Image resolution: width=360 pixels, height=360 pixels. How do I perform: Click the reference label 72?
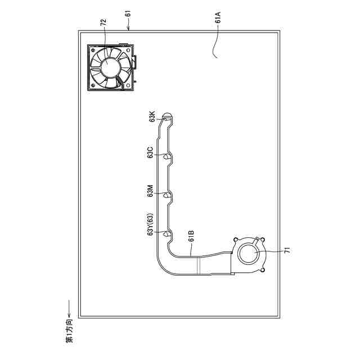click(103, 22)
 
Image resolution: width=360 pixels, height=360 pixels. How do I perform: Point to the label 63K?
click(152, 116)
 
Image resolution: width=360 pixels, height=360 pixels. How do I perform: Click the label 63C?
click(150, 152)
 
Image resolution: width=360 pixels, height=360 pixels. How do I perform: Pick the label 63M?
click(150, 191)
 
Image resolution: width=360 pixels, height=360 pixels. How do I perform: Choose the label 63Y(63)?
click(150, 224)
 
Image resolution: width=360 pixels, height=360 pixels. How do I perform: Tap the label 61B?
click(191, 236)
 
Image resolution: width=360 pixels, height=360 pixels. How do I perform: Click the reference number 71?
click(287, 250)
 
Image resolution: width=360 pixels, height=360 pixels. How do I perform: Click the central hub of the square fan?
click(110, 66)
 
